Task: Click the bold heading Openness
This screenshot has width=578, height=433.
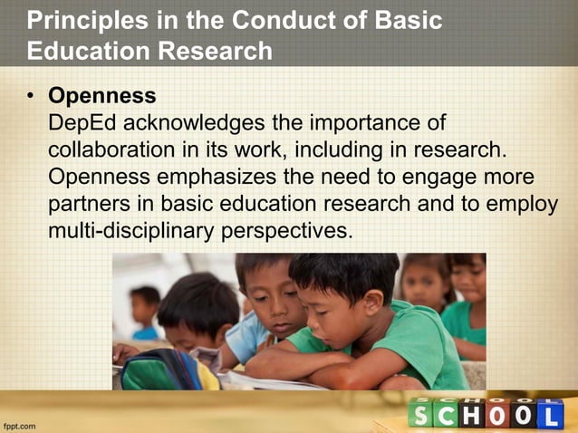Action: pos(101,96)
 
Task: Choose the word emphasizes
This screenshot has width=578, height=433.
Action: pos(219,177)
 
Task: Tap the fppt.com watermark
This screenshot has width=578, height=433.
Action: pos(20,423)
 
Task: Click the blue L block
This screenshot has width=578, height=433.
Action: pos(546,413)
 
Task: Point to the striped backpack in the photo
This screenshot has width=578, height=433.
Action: pos(163,370)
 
